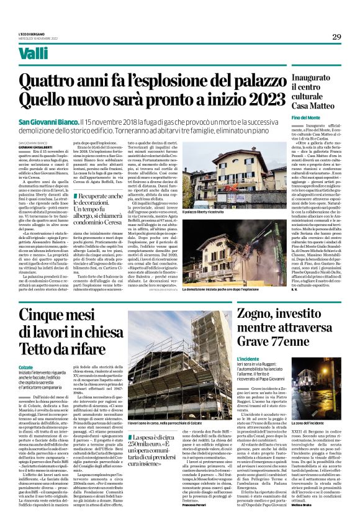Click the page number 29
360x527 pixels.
[336, 37]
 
